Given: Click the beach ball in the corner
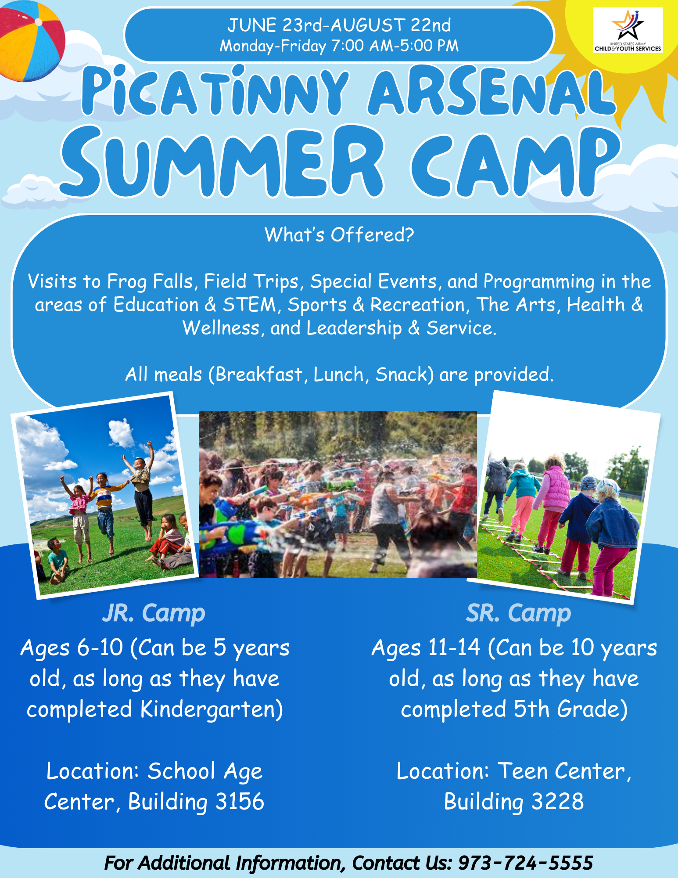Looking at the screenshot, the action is [31, 40].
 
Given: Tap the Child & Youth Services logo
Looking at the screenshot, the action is [628, 30].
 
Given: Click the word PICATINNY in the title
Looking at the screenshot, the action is [215, 91].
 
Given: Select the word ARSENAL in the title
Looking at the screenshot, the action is [491, 92].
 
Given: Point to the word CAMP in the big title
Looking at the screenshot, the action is [516, 162].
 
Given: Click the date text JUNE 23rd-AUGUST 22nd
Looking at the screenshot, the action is [339, 25].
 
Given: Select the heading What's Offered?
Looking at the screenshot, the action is [339, 235].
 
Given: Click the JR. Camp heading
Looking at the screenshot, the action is [154, 613].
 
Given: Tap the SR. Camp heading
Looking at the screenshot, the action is [518, 613].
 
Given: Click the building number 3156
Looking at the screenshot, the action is [240, 802].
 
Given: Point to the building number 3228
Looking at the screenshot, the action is [557, 802].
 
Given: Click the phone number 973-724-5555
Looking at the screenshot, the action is [525, 863].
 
